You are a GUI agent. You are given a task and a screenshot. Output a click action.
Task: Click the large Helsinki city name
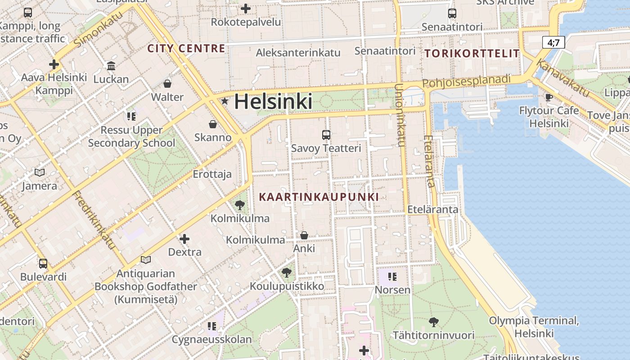(x=273, y=102)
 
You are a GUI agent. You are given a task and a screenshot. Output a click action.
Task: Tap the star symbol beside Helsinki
(x=225, y=101)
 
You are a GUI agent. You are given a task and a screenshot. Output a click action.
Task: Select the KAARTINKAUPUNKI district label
(x=319, y=197)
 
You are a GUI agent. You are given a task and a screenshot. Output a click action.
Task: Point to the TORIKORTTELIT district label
(x=472, y=54)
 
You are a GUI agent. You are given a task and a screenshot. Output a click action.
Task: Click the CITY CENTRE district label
(x=186, y=49)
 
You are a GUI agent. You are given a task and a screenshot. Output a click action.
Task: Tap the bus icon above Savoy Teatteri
(x=326, y=135)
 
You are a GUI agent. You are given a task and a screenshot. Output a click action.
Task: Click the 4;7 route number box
(x=553, y=43)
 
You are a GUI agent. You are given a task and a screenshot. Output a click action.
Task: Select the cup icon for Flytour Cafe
(x=549, y=97)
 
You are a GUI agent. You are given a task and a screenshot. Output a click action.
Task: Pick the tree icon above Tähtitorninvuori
(x=433, y=322)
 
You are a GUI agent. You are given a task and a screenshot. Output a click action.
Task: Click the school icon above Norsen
(x=392, y=276)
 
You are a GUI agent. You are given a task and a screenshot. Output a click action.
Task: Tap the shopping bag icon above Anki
(x=304, y=235)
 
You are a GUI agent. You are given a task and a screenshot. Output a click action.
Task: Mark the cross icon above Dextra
(x=184, y=238)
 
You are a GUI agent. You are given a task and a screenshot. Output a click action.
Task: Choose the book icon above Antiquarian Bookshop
(x=145, y=260)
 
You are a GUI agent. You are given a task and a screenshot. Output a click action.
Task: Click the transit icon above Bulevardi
(x=43, y=263)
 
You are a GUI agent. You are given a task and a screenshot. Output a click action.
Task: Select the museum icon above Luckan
(x=111, y=66)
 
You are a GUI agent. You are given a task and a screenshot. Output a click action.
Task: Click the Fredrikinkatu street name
(x=94, y=220)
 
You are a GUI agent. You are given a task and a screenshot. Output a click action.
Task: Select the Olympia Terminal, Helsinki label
(x=534, y=327)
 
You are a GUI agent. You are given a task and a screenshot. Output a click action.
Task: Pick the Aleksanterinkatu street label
(x=298, y=53)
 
